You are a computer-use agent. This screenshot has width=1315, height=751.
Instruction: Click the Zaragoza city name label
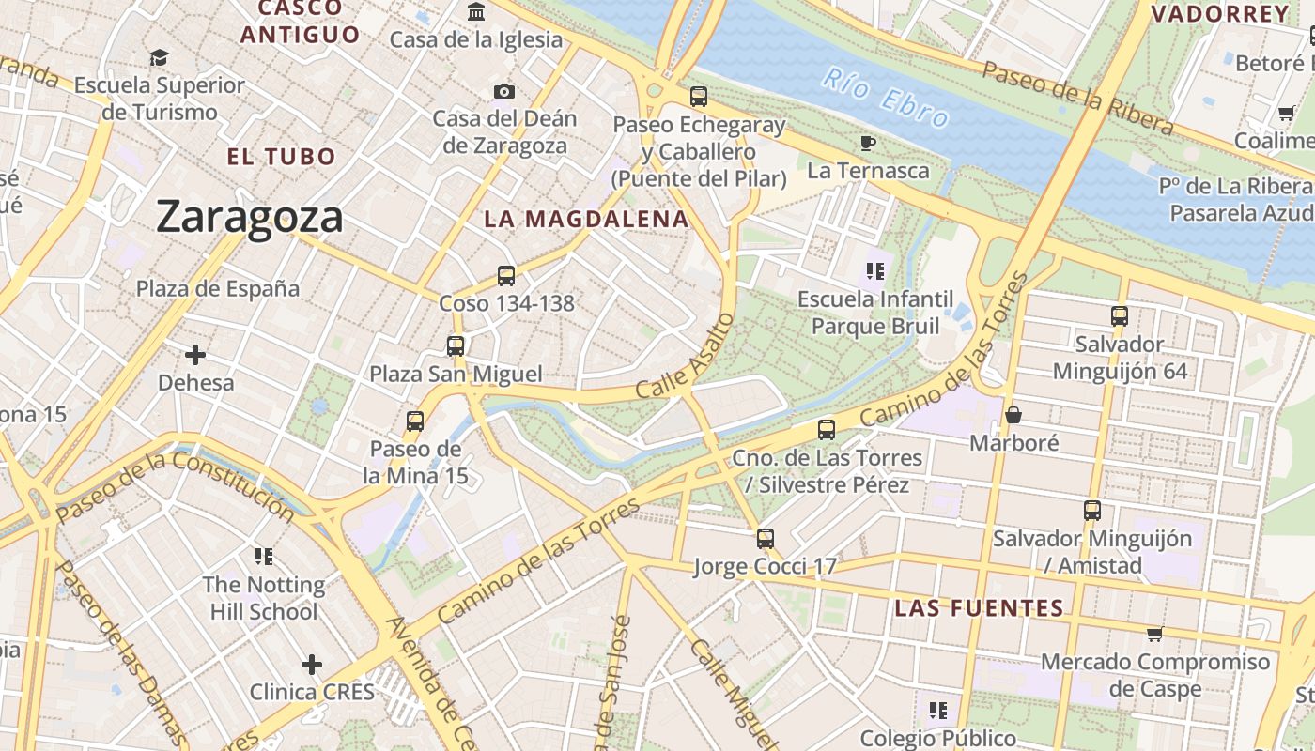(250, 217)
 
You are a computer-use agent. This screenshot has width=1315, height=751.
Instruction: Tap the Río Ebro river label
(886, 98)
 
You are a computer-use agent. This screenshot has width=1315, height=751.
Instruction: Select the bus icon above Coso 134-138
(506, 276)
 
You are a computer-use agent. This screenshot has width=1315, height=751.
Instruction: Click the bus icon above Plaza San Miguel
(456, 345)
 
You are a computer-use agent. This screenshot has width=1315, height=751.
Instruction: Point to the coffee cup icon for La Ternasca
(867, 143)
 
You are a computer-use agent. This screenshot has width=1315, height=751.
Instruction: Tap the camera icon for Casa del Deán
(504, 91)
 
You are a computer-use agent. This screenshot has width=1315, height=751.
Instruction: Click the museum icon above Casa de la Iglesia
(476, 12)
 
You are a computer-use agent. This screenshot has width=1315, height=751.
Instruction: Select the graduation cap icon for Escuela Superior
(159, 57)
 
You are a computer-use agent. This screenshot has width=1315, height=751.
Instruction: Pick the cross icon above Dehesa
(195, 355)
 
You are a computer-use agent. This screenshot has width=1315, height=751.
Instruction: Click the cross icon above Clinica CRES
(312, 665)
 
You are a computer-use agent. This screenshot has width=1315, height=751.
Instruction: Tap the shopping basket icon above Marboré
(1013, 414)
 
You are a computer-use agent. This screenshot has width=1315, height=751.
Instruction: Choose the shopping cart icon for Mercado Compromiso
(1154, 634)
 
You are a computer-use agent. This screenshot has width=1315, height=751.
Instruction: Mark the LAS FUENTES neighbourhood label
(979, 607)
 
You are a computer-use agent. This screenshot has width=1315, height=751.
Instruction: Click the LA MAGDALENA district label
(586, 219)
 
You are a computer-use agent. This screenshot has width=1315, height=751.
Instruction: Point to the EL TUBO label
(281, 156)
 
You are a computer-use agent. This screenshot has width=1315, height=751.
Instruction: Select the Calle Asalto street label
(684, 355)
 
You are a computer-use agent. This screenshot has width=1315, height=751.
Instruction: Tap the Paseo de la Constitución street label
(175, 485)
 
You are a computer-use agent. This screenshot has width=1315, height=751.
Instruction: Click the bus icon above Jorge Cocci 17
(766, 539)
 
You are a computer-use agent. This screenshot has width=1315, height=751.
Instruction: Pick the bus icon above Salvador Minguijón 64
(1119, 316)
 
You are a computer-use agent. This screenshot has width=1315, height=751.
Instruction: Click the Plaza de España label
(218, 288)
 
